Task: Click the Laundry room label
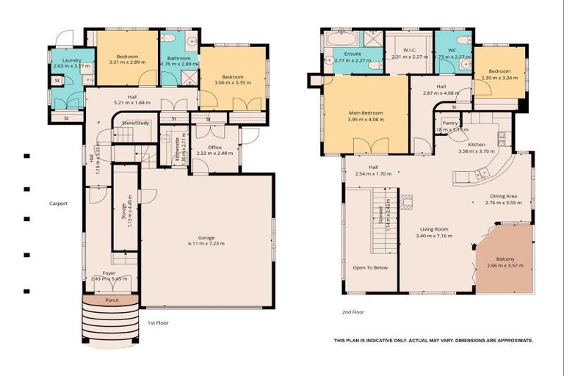pyautogui.click(x=71, y=60)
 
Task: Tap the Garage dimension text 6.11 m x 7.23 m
pyautogui.click(x=206, y=244)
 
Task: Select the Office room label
pyautogui.click(x=214, y=147)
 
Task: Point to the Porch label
pyautogui.click(x=112, y=300)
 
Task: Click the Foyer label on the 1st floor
pyautogui.click(x=109, y=273)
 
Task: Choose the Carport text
pyautogui.click(x=58, y=203)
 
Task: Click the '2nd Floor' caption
pyautogui.click(x=353, y=312)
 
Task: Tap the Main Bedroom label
pyautogui.click(x=366, y=112)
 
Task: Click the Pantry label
pyautogui.click(x=449, y=123)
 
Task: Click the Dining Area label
pyautogui.click(x=503, y=196)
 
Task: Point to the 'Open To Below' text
pyautogui.click(x=370, y=267)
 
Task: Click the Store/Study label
pyautogui.click(x=136, y=123)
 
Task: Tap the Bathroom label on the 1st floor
pyautogui.click(x=178, y=58)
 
